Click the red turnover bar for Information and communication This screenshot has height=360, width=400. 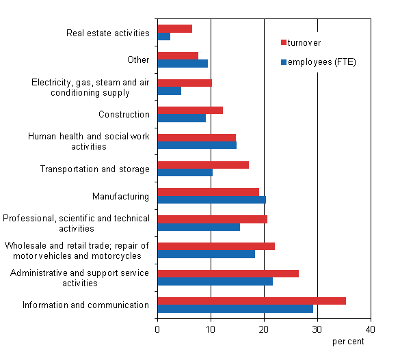(252, 301)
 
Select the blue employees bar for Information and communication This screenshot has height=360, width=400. (235, 309)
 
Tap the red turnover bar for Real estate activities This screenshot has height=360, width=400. (175, 29)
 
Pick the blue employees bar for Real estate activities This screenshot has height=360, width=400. (164, 37)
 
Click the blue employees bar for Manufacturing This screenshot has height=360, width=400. (211, 200)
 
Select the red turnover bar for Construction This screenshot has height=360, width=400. (190, 110)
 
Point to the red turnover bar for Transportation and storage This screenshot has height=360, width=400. (203, 165)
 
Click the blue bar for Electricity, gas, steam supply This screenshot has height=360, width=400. (170, 91)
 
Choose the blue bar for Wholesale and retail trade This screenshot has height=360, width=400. (206, 254)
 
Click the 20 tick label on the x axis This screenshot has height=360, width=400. (264, 329)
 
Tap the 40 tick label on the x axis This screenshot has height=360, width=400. (371, 329)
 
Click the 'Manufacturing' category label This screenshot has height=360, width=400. (120, 197)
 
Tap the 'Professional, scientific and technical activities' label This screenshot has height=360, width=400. (76, 223)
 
